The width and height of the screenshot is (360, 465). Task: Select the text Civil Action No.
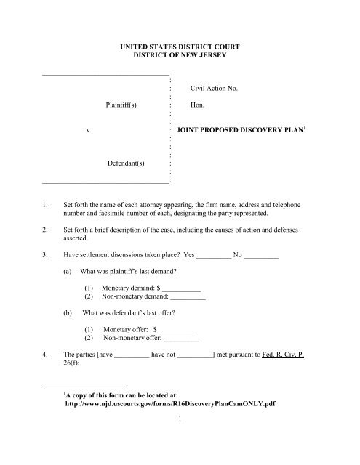click(x=215, y=89)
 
